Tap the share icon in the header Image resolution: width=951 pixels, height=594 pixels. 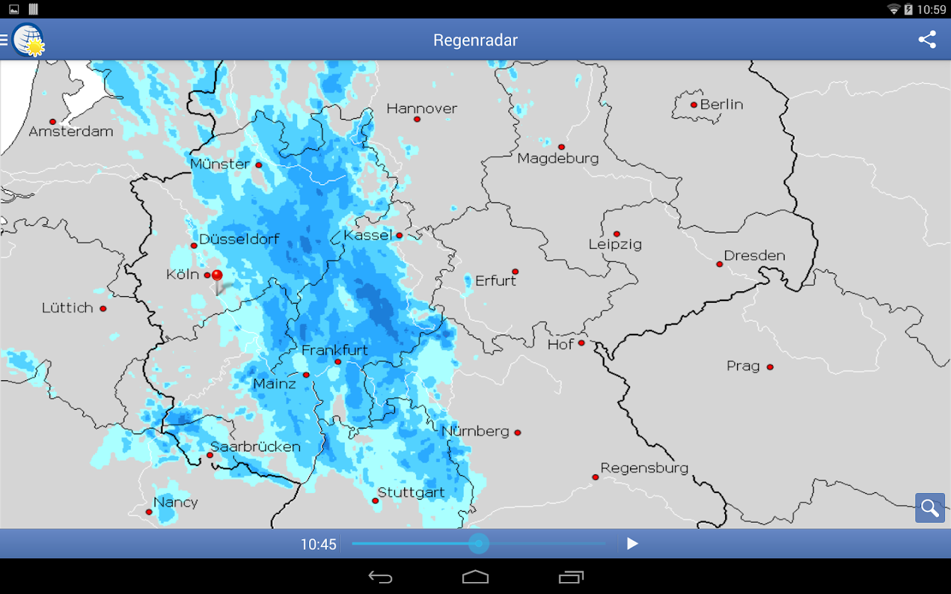tap(927, 40)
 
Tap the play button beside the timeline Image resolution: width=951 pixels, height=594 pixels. tap(632, 544)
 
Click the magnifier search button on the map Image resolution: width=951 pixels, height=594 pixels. tap(930, 508)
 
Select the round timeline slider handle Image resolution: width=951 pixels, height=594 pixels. tap(479, 544)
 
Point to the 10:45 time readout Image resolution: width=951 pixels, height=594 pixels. tap(318, 544)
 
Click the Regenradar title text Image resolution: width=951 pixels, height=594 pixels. tap(475, 40)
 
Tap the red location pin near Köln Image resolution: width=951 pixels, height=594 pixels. tap(217, 276)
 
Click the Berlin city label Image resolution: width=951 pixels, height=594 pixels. tap(721, 104)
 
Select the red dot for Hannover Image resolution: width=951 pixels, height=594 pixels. tap(417, 119)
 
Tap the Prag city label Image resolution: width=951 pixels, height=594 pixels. tap(743, 366)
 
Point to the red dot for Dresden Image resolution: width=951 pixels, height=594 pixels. tap(720, 264)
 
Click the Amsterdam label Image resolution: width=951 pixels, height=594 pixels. tap(71, 131)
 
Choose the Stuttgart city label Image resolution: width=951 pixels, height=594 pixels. tap(411, 492)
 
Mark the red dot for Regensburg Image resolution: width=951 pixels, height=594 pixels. tap(595, 477)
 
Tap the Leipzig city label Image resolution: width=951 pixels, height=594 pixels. tap(615, 244)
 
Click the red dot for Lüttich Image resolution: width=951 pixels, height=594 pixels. tap(103, 308)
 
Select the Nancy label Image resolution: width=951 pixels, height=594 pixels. tap(176, 502)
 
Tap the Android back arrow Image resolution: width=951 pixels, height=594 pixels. tap(380, 577)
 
